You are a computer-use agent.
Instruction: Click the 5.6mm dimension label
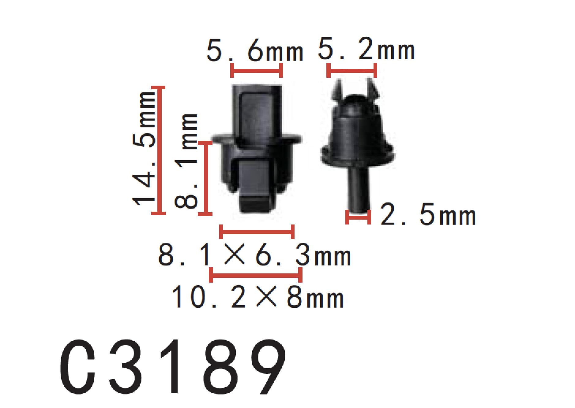click(x=255, y=51)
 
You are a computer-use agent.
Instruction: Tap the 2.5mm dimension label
click(x=428, y=215)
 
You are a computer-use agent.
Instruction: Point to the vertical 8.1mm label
click(x=186, y=161)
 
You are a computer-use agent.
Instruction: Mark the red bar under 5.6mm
click(x=256, y=70)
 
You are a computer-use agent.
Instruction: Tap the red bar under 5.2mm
click(x=352, y=70)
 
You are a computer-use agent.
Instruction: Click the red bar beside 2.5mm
click(x=358, y=217)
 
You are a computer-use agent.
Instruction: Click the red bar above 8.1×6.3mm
click(x=257, y=232)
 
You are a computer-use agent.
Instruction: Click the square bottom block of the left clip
click(x=255, y=193)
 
